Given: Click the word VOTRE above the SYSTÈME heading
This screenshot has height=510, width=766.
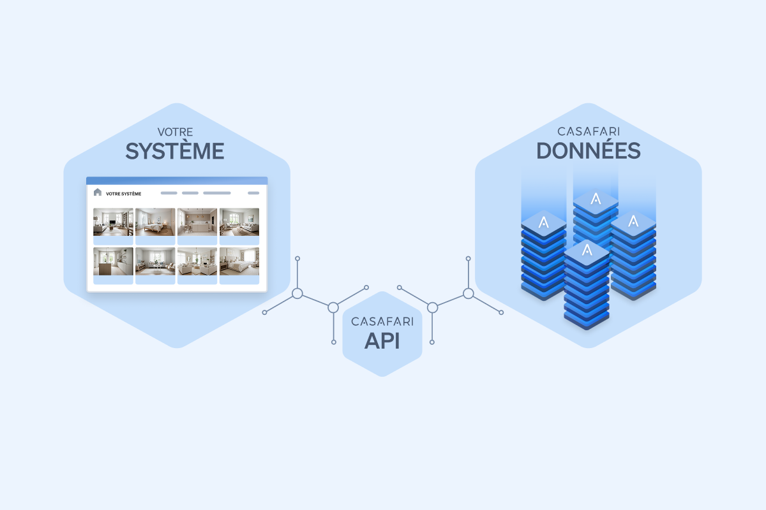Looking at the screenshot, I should (x=175, y=133).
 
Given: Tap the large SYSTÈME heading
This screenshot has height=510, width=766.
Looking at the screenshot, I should (x=175, y=151).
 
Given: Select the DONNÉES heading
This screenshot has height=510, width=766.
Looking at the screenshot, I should (x=588, y=150).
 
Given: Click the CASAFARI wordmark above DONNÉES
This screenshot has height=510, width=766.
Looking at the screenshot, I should (x=588, y=131).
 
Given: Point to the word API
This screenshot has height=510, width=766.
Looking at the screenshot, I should (x=382, y=341).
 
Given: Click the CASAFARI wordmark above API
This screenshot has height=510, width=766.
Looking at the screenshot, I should (x=382, y=322).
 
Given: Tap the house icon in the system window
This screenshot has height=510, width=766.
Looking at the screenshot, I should (x=98, y=193).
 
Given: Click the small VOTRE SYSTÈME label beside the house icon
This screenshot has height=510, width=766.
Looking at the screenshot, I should (x=124, y=194).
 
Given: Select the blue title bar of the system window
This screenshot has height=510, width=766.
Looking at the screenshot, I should (x=177, y=180).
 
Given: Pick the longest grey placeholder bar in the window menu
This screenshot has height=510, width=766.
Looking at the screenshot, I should (x=216, y=193).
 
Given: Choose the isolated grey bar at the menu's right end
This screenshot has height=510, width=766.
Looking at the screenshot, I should (x=253, y=193).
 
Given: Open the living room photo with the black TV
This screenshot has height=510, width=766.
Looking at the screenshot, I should (x=113, y=222).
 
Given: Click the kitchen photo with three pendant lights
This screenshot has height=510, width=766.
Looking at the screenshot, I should (x=197, y=222).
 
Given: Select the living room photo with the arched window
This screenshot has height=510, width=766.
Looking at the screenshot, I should (x=239, y=222).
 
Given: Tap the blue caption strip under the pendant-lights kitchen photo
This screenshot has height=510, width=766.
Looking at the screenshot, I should (x=197, y=240).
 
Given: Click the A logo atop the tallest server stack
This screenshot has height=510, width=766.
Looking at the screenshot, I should (x=596, y=199).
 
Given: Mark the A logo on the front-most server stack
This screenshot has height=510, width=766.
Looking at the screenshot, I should (x=587, y=251).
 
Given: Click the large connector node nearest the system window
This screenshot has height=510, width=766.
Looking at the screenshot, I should (x=297, y=293).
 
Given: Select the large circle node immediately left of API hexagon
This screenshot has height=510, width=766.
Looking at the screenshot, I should (x=333, y=308).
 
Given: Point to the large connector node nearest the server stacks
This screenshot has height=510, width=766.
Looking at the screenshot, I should (x=468, y=293).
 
